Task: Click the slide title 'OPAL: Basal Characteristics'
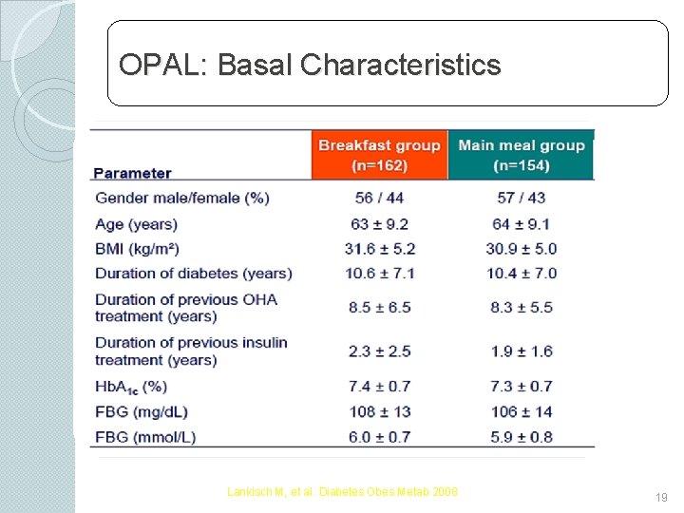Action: [x=310, y=65]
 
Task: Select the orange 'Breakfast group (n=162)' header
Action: [x=379, y=155]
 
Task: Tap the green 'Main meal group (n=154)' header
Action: [x=521, y=155]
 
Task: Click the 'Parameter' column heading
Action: [x=132, y=173]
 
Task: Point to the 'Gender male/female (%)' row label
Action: [x=181, y=198]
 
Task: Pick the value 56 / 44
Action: [x=379, y=198]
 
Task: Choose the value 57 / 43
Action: [x=521, y=198]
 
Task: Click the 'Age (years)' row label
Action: [x=136, y=224]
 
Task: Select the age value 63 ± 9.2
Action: [x=379, y=224]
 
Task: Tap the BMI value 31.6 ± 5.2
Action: [x=379, y=249]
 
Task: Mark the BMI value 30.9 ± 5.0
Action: [x=521, y=249]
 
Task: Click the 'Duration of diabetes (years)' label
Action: [x=193, y=274]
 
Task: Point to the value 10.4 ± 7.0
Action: [x=521, y=274]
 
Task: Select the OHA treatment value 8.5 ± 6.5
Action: [x=379, y=308]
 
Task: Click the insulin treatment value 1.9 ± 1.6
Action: [x=521, y=351]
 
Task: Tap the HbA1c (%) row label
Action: [x=131, y=388]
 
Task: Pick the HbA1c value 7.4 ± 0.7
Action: [x=379, y=387]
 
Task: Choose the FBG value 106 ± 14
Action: [x=521, y=411]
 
